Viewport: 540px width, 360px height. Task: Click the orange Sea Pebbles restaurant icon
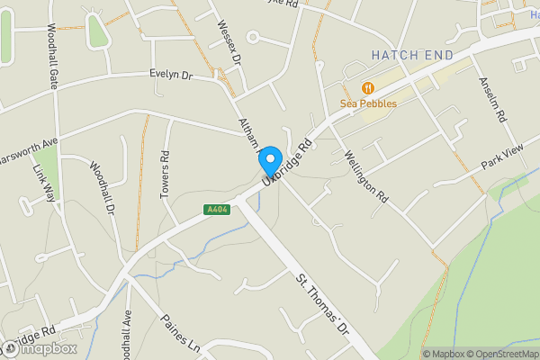point(367,88)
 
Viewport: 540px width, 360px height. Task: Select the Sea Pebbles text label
point(368,103)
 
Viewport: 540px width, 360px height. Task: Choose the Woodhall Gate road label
point(51,55)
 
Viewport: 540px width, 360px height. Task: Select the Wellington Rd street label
point(365,176)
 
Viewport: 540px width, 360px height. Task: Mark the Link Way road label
point(42,185)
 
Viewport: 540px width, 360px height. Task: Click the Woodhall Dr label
point(103,187)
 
